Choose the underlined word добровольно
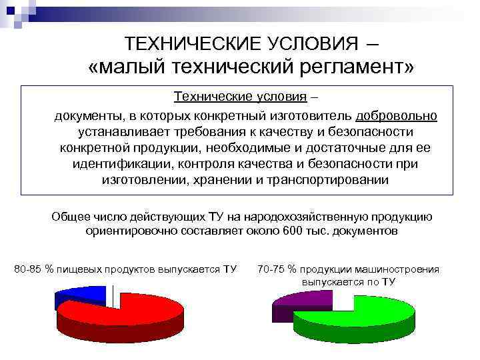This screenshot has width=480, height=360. coord(397,115)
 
